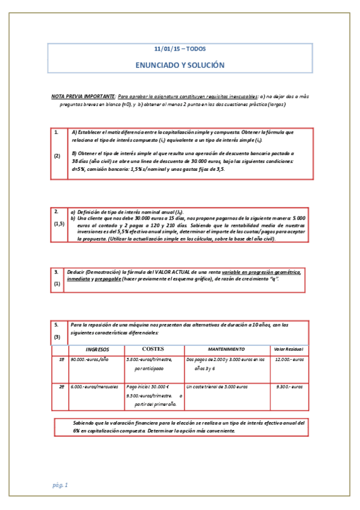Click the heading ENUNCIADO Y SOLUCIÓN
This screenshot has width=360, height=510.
point(180,64)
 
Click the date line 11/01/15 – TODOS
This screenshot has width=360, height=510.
point(180,49)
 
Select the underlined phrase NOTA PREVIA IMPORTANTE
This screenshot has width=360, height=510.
point(83,96)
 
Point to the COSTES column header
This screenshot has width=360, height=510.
point(153,349)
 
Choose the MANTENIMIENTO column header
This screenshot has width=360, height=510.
point(226,349)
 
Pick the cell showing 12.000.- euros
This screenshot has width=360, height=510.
point(290,360)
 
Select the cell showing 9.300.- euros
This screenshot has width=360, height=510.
point(290,387)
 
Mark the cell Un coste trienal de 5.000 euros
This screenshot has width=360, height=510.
point(217,387)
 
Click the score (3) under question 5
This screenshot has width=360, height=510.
point(57,337)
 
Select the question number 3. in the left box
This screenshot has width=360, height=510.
point(56,272)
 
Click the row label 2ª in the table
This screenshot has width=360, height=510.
point(62,387)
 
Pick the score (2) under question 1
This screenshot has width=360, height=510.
point(57,156)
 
